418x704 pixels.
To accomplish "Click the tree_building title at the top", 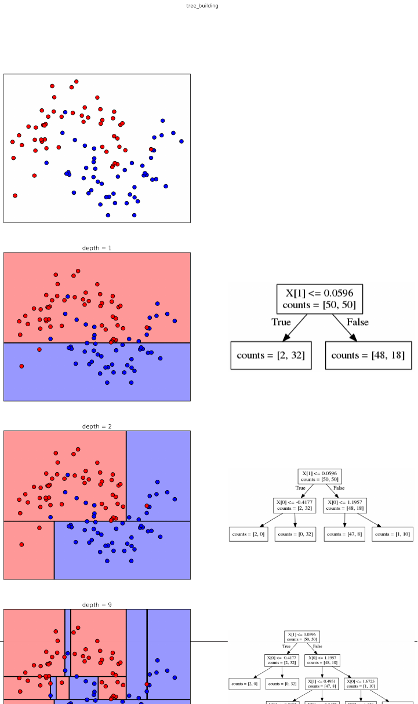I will tap(202, 6).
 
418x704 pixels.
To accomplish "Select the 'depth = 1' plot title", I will tap(97, 248).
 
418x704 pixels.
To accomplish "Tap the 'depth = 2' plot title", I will tap(97, 426).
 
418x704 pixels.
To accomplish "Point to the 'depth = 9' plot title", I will tap(97, 605).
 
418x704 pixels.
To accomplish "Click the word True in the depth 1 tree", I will tap(281, 322).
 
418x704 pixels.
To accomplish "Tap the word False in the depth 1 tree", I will tap(357, 322).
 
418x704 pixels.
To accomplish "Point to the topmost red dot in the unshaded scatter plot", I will tap(77, 82).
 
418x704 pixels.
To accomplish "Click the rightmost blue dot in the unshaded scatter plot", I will tap(181, 141).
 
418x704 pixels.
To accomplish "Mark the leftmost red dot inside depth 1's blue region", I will tap(21, 366).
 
